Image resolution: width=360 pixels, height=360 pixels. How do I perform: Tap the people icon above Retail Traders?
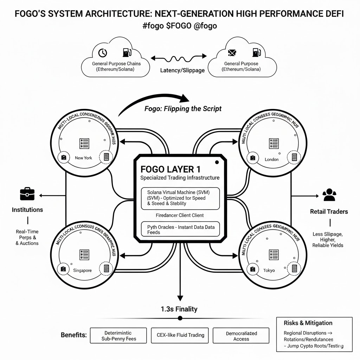pyautogui.click(x=329, y=195)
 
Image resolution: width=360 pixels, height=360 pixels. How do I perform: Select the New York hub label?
pyautogui.click(x=84, y=158)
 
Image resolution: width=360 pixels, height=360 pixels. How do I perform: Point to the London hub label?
pyautogui.click(x=271, y=159)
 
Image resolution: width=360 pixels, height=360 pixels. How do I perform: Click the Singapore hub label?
pyautogui.click(x=83, y=270)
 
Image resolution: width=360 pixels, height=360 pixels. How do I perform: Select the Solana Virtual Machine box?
pyautogui.click(x=180, y=198)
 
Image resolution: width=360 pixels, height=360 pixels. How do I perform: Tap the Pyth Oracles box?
pyautogui.click(x=180, y=230)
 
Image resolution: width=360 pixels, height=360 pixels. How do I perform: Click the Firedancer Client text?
pyautogui.click(x=180, y=215)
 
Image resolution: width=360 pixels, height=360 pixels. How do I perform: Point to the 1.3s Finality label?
pyautogui.click(x=179, y=309)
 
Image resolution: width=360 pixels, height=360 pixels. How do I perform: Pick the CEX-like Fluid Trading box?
pyautogui.click(x=180, y=335)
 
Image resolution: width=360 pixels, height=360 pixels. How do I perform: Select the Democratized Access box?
pyautogui.click(x=241, y=336)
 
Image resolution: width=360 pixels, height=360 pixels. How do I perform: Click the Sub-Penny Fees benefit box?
pyautogui.click(x=118, y=336)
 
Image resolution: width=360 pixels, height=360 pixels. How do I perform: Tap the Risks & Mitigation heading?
pyautogui.click(x=304, y=323)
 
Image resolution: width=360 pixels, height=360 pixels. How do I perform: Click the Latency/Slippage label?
pyautogui.click(x=182, y=70)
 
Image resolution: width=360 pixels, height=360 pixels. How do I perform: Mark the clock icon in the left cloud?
pyautogui.click(x=102, y=53)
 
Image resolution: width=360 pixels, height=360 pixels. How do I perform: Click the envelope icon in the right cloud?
pyautogui.click(x=232, y=53)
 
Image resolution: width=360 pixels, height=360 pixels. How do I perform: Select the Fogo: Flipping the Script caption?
pyautogui.click(x=183, y=109)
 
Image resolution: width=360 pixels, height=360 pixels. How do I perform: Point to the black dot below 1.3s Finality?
pyautogui.click(x=180, y=318)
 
